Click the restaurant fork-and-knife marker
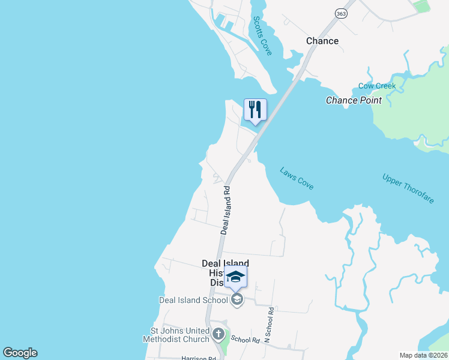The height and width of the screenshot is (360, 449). (x=255, y=110)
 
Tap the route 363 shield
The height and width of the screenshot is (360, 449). (x=341, y=14)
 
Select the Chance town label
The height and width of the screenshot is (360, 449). (x=322, y=41)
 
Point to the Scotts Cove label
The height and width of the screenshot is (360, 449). (x=262, y=36)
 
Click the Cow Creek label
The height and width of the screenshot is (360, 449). (x=377, y=86)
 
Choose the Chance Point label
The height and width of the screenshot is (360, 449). (x=354, y=100)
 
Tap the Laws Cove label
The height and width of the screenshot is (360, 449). (x=297, y=178)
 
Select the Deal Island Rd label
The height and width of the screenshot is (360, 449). (x=226, y=209)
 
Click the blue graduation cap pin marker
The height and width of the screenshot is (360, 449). (x=236, y=277)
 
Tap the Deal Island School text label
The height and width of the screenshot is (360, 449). (x=193, y=300)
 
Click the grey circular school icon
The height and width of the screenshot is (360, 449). (x=237, y=300)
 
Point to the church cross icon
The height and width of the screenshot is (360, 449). (x=219, y=334)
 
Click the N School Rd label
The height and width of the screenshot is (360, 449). (x=268, y=322)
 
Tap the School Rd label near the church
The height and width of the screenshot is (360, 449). (x=245, y=340)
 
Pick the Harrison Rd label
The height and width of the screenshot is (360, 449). (x=198, y=358)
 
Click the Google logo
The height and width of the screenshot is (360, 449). (x=20, y=353)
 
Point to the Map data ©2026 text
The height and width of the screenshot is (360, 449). (x=423, y=355)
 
